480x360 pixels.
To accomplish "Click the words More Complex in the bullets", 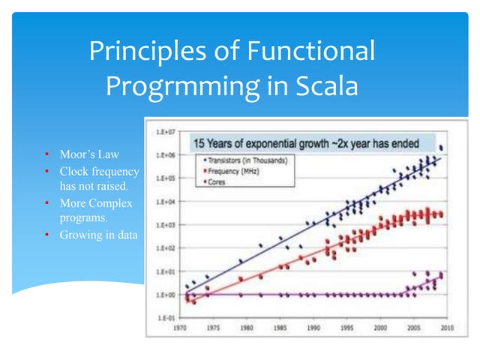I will (96, 203).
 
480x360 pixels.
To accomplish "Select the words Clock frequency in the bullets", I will (99, 171).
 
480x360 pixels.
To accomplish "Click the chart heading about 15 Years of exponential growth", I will (303, 142).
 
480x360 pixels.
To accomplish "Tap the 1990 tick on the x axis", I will (313, 328).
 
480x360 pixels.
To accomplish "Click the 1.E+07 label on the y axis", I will (165, 131).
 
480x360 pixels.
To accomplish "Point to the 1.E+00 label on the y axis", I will (165, 295).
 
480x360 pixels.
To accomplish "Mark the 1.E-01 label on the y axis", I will (165, 318).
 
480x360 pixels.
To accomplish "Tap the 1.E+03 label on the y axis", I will (165, 225).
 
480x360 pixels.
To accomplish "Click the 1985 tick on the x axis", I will (281, 328).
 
